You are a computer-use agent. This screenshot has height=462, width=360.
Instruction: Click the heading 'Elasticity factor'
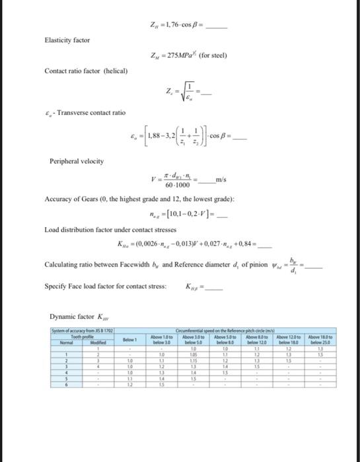click(67, 40)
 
